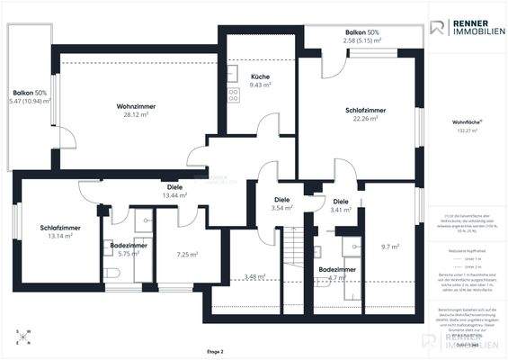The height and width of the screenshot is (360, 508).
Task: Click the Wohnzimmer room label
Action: [136, 106]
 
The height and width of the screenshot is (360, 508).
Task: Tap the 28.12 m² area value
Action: [136, 115]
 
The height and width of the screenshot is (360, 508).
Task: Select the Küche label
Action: [260, 77]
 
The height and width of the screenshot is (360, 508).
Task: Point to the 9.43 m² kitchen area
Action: [260, 85]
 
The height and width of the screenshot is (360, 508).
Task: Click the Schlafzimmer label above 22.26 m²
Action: [365, 110]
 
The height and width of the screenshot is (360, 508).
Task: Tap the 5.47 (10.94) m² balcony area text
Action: [30, 102]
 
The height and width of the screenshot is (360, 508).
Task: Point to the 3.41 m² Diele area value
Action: [341, 211]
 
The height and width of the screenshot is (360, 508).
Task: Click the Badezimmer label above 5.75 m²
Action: [123, 245]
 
